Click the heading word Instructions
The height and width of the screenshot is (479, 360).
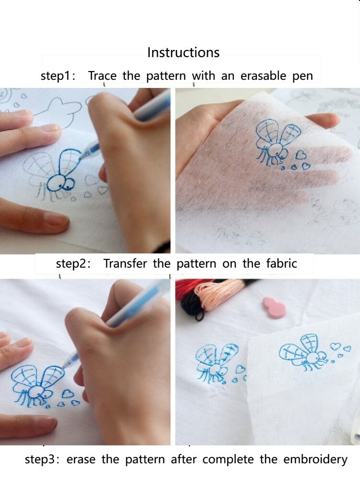[x=183, y=52]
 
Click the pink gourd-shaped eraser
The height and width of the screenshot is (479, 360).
[x=275, y=307]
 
